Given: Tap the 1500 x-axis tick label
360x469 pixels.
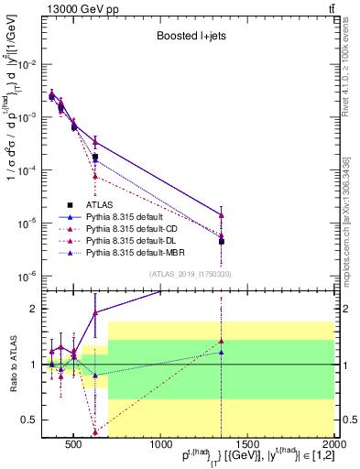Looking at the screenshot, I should click(x=246, y=446).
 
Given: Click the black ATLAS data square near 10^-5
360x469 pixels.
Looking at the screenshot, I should click(x=222, y=242).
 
